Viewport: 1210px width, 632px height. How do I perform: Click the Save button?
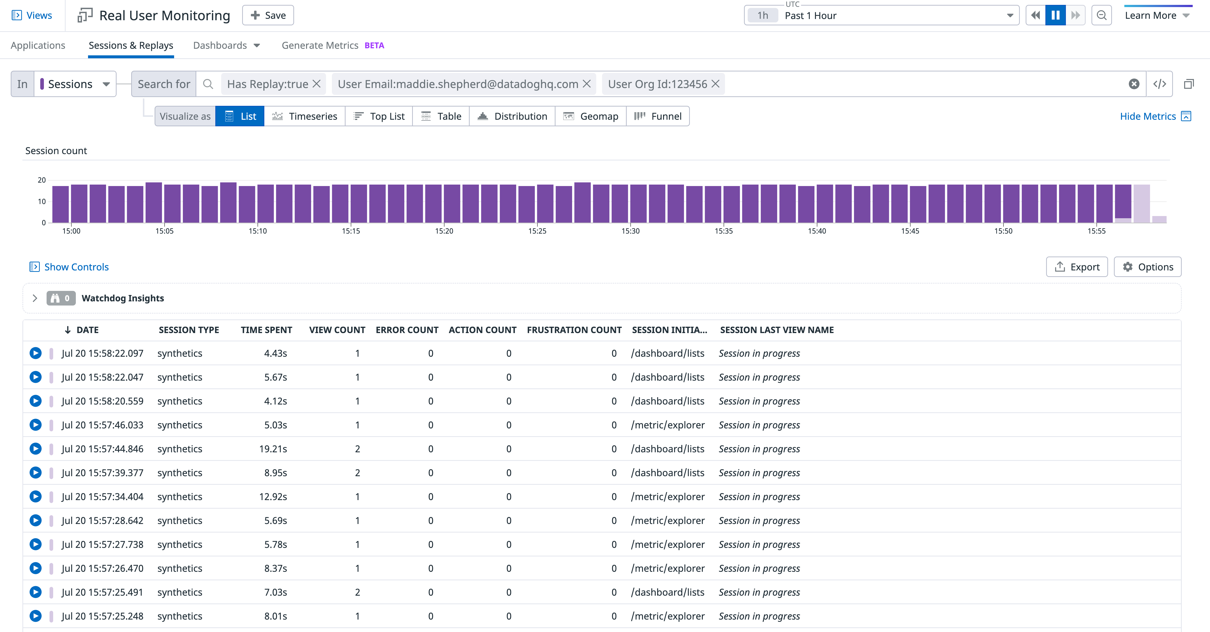[x=268, y=16]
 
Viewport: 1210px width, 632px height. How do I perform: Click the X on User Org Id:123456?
[x=715, y=84]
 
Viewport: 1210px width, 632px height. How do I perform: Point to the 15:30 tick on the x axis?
[x=630, y=231]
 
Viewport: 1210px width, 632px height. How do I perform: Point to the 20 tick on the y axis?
[x=42, y=180]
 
